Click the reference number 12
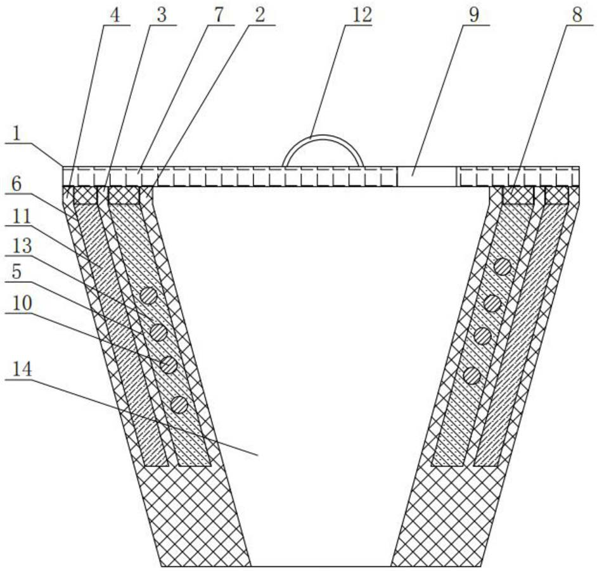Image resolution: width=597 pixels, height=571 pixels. pyautogui.click(x=363, y=14)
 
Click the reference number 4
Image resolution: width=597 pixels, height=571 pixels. pyautogui.click(x=115, y=14)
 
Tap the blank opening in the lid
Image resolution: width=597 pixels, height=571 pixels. pyautogui.click(x=427, y=176)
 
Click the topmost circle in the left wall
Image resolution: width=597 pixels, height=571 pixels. pyautogui.click(x=149, y=295)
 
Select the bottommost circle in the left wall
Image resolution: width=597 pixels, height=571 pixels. pyautogui.click(x=179, y=404)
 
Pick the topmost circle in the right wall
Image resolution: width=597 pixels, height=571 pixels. pyautogui.click(x=503, y=267)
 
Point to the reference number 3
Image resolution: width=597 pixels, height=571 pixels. pyautogui.click(x=162, y=14)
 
